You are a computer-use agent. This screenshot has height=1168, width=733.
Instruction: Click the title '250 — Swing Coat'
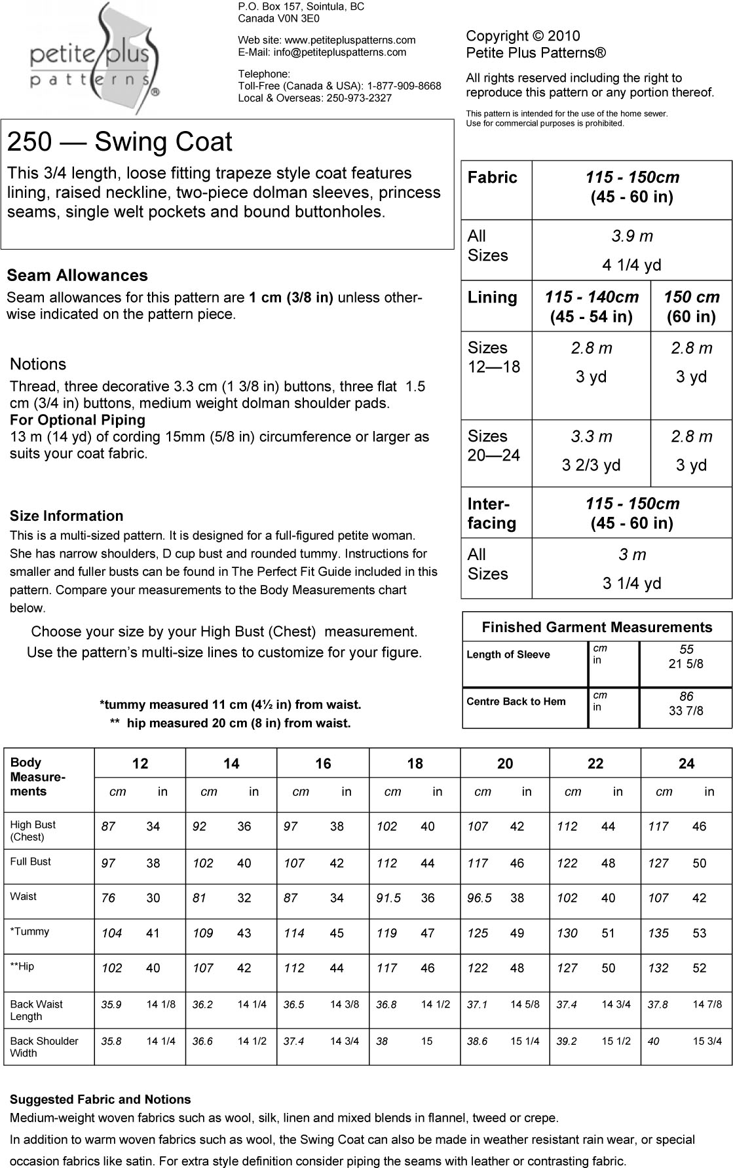120,142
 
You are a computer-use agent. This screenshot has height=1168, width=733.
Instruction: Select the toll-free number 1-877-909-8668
404,86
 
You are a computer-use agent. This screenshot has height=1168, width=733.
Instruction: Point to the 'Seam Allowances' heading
77,276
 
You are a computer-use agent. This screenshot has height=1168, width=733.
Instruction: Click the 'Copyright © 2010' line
523,36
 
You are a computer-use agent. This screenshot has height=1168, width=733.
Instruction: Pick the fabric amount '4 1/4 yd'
631,265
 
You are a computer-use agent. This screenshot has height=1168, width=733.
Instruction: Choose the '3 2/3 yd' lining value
591,465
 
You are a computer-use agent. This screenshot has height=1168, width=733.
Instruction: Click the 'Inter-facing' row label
492,514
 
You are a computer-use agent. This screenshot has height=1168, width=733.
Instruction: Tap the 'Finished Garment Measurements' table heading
597,628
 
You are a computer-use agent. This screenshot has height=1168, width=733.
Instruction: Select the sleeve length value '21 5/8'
686,664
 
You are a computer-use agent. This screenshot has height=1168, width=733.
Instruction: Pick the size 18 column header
415,764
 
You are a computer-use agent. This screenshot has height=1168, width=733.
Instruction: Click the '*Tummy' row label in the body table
29,932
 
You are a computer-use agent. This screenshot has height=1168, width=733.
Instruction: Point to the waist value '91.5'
388,898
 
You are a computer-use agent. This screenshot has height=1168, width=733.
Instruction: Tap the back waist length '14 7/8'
707,1004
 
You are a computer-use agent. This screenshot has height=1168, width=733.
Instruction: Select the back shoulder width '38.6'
477,1041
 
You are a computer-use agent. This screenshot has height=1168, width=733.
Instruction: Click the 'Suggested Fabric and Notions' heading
100,1100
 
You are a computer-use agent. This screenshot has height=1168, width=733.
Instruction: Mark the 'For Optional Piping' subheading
77,420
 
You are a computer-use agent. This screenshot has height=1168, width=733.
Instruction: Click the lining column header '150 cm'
691,297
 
